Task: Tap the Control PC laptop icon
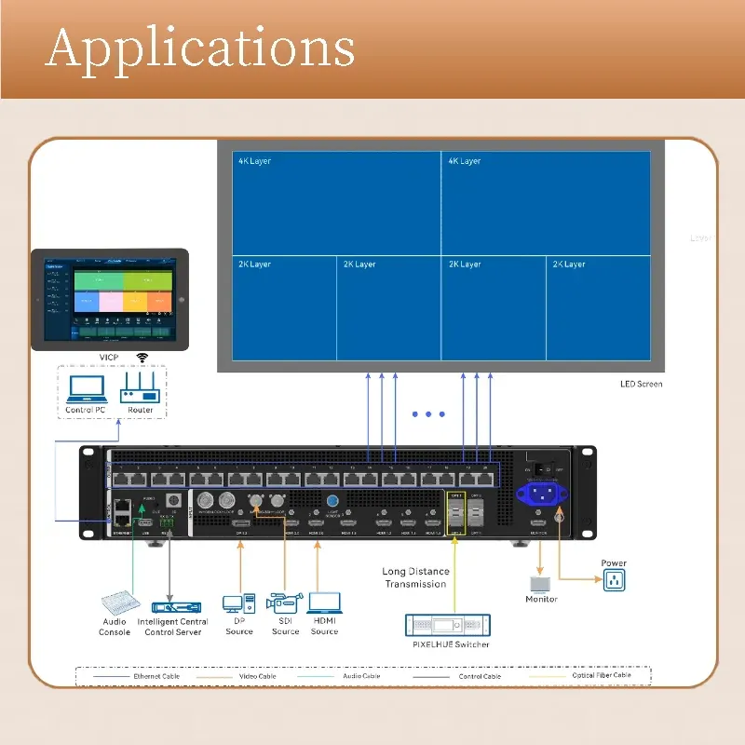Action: pyautogui.click(x=85, y=387)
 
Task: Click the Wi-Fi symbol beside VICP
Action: pyautogui.click(x=142, y=358)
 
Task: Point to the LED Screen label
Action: pyautogui.click(x=642, y=384)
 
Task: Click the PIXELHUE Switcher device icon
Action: pyautogui.click(x=448, y=625)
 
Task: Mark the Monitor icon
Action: pyautogui.click(x=541, y=584)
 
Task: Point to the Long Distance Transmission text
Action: pyautogui.click(x=415, y=578)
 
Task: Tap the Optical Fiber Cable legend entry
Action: pyautogui.click(x=602, y=676)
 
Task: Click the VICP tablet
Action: pyautogui.click(x=110, y=299)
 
